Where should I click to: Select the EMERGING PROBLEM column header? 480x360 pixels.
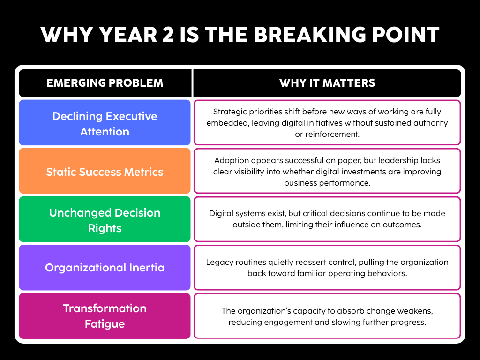105,83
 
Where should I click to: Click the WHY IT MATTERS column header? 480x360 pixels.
327,83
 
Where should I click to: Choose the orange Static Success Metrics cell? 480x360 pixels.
105,172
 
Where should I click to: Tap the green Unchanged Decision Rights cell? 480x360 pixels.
105,220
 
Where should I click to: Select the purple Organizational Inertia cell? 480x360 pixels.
105,268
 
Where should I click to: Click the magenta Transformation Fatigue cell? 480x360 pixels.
105,316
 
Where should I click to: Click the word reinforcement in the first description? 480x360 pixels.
337,134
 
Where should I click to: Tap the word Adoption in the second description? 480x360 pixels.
231,161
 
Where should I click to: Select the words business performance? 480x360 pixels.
327,182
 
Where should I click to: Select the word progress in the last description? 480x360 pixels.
410,322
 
